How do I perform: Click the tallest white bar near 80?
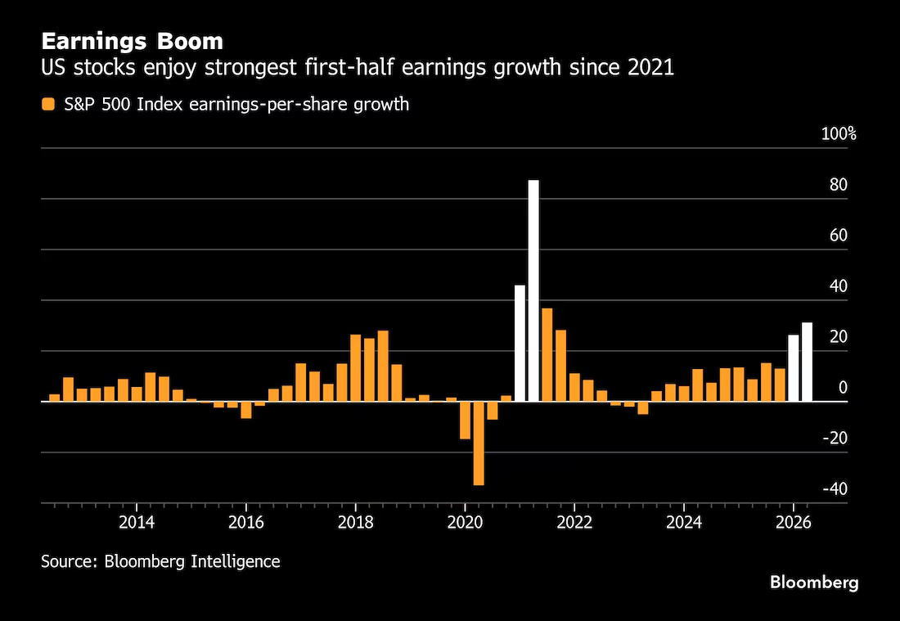click(x=533, y=290)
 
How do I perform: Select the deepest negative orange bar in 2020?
click(x=479, y=443)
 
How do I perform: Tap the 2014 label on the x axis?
click(x=137, y=523)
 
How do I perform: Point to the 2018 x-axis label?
click(x=355, y=523)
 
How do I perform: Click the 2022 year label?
click(x=574, y=523)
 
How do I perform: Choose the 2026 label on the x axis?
click(x=794, y=523)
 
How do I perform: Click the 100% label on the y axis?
click(x=839, y=134)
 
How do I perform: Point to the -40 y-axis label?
click(x=835, y=489)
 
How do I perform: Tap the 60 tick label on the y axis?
click(x=839, y=236)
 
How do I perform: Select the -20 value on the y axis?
click(x=835, y=439)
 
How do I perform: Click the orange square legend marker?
click(x=48, y=105)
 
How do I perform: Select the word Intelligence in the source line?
click(x=235, y=560)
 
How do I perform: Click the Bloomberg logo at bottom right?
click(x=814, y=583)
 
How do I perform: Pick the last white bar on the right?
click(x=807, y=362)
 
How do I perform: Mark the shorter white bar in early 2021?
click(x=520, y=343)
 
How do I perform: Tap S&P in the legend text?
click(x=76, y=105)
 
